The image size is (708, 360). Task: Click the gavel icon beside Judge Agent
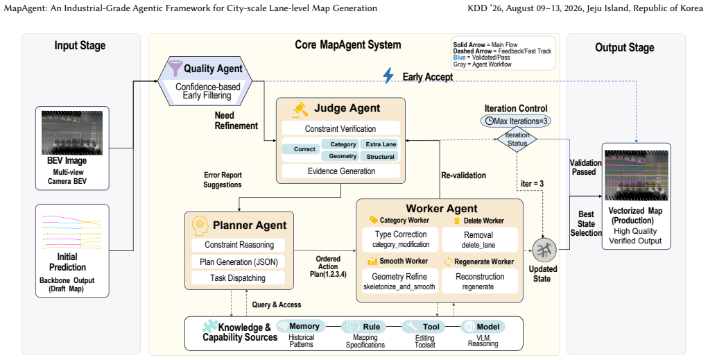(x=300, y=110)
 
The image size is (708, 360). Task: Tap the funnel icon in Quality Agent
(x=175, y=68)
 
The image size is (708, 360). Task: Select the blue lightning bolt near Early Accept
(x=388, y=76)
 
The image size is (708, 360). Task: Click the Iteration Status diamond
(x=517, y=139)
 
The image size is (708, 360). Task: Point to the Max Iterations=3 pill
(x=516, y=121)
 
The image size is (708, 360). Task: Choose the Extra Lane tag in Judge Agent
(x=381, y=144)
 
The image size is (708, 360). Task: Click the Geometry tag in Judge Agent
(x=343, y=156)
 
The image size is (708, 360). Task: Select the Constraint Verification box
(x=341, y=129)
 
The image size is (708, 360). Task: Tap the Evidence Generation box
(x=341, y=171)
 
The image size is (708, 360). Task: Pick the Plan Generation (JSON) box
(x=239, y=262)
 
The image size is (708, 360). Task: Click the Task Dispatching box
(x=239, y=278)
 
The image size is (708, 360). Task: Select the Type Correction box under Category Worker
(x=401, y=239)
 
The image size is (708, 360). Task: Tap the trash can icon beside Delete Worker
(x=456, y=221)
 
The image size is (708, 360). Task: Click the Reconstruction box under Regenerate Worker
(x=480, y=281)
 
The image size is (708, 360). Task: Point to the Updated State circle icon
(x=544, y=250)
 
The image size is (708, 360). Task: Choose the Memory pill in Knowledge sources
(x=300, y=326)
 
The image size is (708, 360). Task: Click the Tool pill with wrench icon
(x=423, y=327)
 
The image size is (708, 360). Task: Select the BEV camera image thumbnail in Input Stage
(x=72, y=132)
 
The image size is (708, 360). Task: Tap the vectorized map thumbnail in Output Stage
(x=636, y=175)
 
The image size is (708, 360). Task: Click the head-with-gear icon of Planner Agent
(x=199, y=226)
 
